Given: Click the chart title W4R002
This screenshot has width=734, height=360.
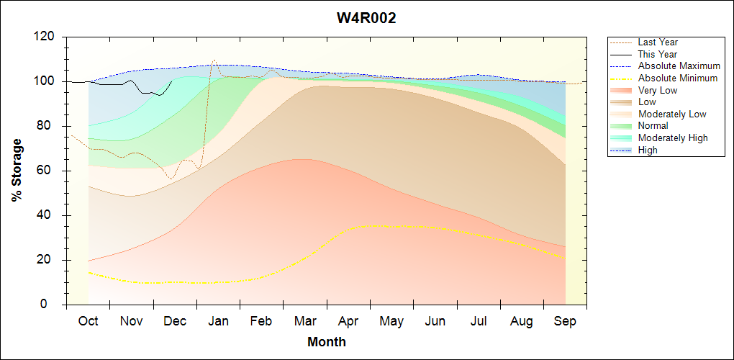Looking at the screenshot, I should tap(366, 18).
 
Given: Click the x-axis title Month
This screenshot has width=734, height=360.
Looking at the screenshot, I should tap(327, 342).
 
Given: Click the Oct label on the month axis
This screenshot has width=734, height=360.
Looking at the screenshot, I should tap(88, 321).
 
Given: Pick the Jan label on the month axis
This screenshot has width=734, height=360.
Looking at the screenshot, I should tap(218, 321).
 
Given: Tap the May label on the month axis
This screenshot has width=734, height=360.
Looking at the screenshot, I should tap(391, 321).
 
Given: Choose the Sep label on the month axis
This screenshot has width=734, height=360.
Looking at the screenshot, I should tap(565, 321).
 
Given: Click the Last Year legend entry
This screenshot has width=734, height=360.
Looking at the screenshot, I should tap(658, 42).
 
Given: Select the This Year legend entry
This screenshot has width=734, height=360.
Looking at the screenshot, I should tap(658, 54).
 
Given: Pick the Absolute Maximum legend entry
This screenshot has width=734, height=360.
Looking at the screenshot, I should tap(679, 66).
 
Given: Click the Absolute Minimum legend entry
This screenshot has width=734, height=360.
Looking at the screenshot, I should tap(678, 78).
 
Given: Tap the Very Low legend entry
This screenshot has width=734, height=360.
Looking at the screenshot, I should tap(658, 90).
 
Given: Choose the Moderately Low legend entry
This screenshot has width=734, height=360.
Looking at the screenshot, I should tap(672, 114).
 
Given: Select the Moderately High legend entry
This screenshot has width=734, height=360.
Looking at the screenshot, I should tap(673, 138).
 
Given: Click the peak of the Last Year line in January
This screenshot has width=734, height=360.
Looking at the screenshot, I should tap(214, 60).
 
